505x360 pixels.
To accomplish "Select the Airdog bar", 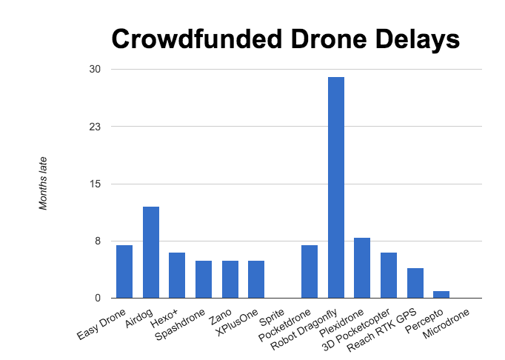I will (151, 252).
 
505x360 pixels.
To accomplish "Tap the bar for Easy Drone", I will (124, 271).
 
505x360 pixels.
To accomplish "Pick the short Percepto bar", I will (441, 294).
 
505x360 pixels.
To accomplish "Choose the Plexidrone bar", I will (362, 267).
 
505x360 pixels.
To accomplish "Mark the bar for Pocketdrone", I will (310, 271).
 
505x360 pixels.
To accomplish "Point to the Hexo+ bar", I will (177, 275).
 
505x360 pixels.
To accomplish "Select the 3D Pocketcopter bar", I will (389, 275).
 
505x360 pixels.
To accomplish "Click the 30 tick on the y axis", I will (95, 70).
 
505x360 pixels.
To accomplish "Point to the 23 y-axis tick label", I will (95, 127).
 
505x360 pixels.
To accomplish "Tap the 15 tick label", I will (95, 184).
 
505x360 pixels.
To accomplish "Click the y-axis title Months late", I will (44, 183).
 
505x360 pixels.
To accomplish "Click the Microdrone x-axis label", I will (447, 325).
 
